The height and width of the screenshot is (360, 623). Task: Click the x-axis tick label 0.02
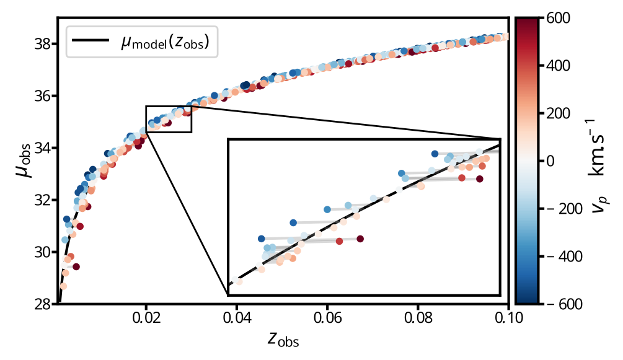tap(146, 318)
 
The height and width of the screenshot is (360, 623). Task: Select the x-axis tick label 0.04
tap(237, 318)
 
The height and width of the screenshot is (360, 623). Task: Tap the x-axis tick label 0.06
tap(327, 318)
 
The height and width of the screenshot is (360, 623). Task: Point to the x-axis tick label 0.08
tap(418, 318)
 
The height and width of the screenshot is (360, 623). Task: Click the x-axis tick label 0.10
tap(509, 318)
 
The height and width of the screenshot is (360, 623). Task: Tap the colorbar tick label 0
tap(554, 160)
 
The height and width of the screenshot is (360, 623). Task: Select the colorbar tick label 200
tap(559, 113)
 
